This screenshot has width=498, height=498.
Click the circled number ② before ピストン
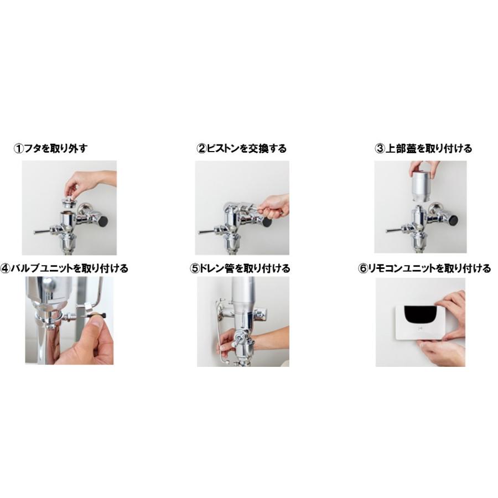click(201, 148)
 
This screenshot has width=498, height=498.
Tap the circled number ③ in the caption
click(380, 148)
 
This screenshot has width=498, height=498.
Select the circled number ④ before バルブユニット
click(5, 268)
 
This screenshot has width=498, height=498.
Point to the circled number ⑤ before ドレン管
click(194, 268)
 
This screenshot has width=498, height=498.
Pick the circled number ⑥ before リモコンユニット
click(363, 268)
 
